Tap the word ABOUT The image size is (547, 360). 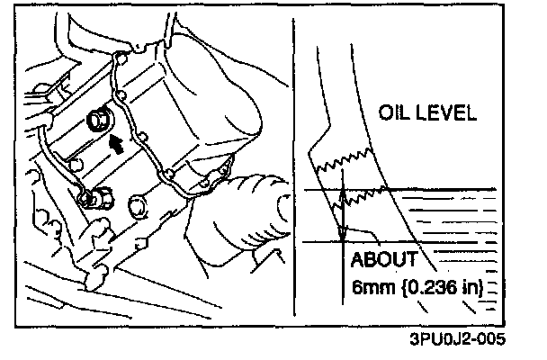(x=383, y=260)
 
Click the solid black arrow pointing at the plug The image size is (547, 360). (x=114, y=140)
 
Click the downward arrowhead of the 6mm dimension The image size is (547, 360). (x=343, y=235)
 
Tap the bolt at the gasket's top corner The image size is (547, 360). (x=120, y=59)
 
